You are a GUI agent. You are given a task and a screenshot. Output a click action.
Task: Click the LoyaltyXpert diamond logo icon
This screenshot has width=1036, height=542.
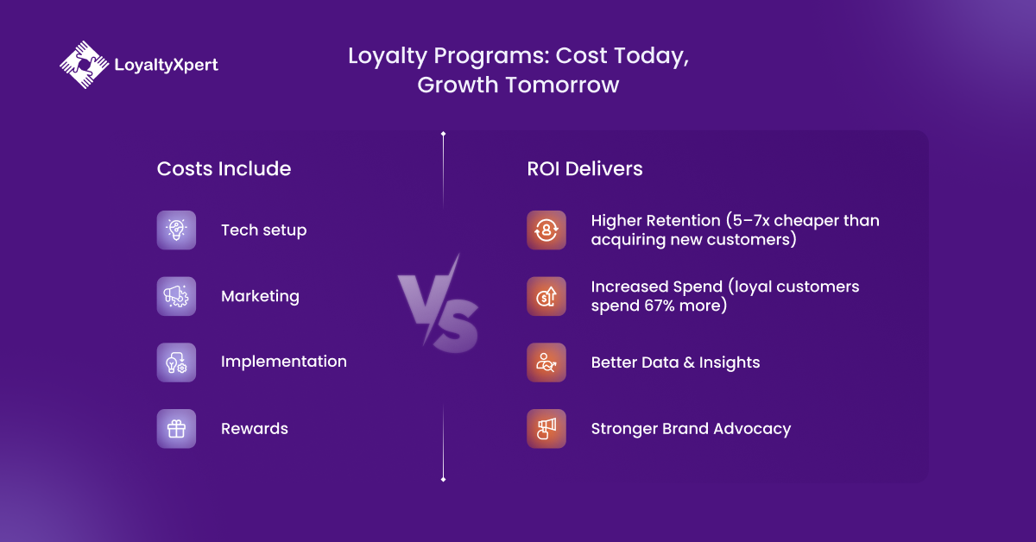pos(85,65)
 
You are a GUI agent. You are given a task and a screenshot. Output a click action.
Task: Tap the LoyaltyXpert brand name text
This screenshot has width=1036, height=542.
pos(166,65)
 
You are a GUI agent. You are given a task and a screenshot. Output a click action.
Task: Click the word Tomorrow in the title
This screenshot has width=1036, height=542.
pos(562,85)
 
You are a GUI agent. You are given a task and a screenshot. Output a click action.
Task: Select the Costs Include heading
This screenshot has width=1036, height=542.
pos(224,169)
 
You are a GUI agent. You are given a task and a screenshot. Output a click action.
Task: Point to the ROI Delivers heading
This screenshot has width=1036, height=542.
pos(584,169)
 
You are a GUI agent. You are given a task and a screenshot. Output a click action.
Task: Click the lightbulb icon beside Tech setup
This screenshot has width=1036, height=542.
pos(176,230)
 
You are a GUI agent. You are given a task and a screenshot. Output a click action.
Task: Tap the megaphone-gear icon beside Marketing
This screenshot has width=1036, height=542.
pos(176,296)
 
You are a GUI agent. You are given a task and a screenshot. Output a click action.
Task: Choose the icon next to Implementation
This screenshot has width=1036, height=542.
pos(176,362)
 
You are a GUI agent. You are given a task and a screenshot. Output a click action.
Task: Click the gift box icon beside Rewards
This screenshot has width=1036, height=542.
pos(176,429)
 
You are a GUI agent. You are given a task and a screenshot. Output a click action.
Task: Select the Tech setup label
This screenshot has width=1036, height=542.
pos(263,230)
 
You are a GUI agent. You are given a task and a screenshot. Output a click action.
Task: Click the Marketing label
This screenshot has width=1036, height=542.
pos(260,296)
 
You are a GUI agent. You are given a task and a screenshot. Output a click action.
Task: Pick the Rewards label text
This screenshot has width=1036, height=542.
pos(255,429)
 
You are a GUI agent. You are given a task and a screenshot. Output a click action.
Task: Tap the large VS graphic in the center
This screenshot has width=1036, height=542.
pos(438,303)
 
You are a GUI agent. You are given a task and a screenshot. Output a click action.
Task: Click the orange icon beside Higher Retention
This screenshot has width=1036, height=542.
pos(546,230)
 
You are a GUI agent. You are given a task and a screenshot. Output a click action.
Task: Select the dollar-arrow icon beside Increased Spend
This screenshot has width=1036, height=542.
pos(546,296)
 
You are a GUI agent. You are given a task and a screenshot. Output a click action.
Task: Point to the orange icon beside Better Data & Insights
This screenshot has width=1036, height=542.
pos(546,362)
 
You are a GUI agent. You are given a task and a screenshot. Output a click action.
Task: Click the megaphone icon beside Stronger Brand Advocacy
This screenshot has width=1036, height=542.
pos(546,429)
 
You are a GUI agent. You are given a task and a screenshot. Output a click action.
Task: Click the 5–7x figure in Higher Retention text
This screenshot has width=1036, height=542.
pos(751,221)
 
